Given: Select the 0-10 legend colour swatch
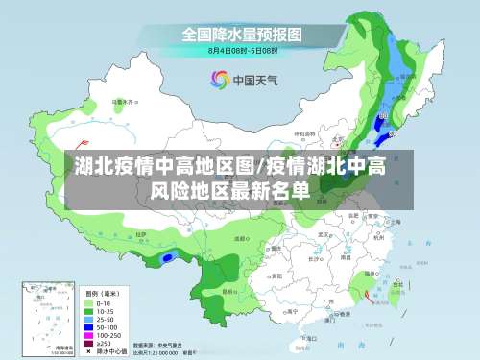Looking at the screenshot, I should click(x=88, y=300).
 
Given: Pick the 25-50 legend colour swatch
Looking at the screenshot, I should click(x=88, y=317).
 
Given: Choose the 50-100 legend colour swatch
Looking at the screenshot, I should click(x=88, y=325).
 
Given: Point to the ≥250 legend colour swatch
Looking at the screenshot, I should click(x=88, y=342).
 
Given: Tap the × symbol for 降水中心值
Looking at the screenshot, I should click(x=88, y=350).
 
